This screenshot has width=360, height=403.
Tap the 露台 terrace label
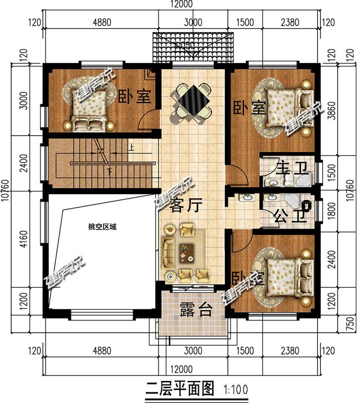[195, 309]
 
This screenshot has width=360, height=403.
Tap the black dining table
[192, 101]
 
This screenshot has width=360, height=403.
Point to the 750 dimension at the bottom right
[349, 323]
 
